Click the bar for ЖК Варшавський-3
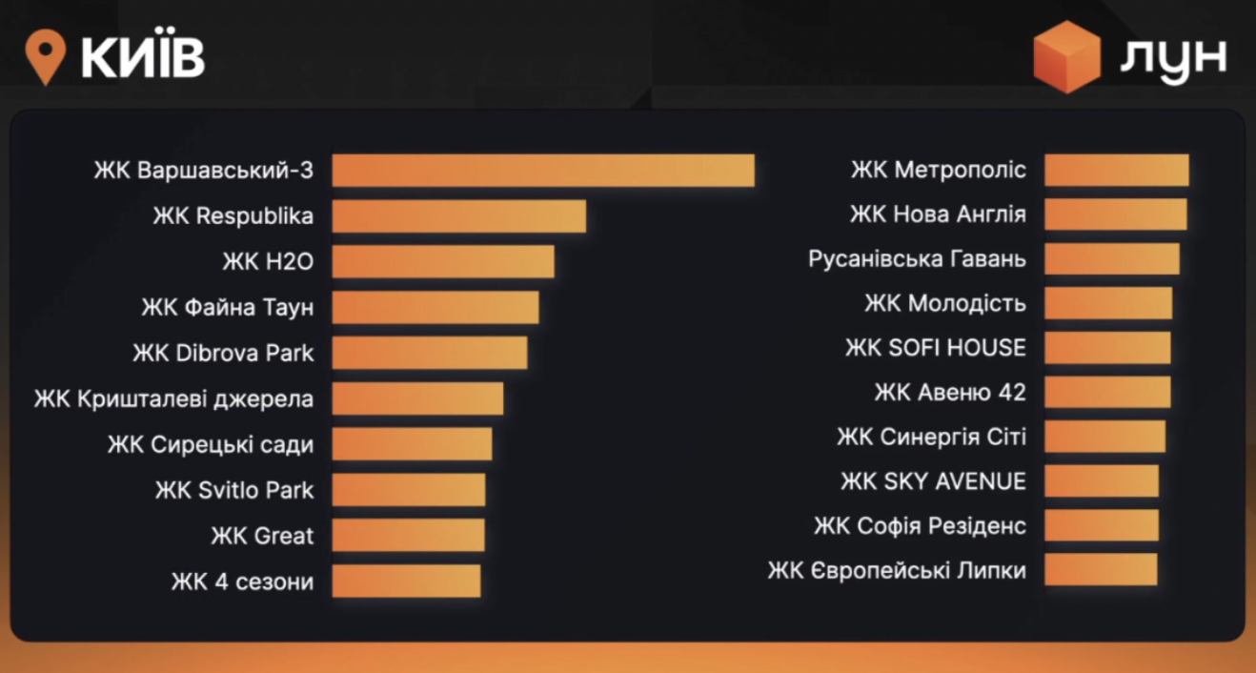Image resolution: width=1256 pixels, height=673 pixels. click(x=543, y=171)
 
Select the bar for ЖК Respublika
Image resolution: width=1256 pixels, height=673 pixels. click(x=458, y=216)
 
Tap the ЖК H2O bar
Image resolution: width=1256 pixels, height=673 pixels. click(x=443, y=262)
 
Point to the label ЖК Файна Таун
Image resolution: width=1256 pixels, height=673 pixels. click(x=228, y=308)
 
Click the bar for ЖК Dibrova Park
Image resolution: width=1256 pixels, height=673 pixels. click(x=429, y=353)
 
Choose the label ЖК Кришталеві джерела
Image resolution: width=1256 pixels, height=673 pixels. click(x=174, y=398)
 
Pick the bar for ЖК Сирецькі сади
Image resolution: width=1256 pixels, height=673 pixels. click(x=412, y=444)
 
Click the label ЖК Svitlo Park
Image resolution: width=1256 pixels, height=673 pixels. click(x=234, y=490)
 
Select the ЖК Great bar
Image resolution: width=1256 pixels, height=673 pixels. click(x=408, y=535)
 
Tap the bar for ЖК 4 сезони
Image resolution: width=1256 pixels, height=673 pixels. click(x=406, y=581)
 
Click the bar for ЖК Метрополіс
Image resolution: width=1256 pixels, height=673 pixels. click(x=1116, y=170)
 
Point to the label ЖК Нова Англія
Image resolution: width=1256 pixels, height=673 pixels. click(x=938, y=214)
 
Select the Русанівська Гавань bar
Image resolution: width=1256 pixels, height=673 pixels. click(x=1111, y=259)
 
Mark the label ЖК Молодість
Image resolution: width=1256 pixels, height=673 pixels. click(x=945, y=304)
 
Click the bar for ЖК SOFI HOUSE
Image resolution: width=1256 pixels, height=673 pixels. click(x=1107, y=348)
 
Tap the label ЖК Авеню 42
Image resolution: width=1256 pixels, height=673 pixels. click(x=950, y=393)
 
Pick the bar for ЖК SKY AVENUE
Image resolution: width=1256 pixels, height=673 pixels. click(x=1101, y=481)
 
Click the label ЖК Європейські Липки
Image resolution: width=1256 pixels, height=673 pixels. click(x=897, y=571)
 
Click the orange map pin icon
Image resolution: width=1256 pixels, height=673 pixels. click(x=45, y=56)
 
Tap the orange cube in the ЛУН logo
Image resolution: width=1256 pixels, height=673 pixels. click(x=1067, y=56)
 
